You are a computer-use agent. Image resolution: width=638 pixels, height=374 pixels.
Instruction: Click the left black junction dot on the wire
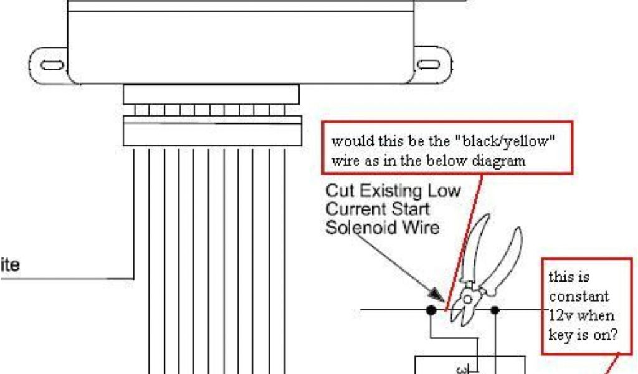(x=431, y=309)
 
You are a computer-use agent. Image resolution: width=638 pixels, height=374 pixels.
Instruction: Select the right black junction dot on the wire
(x=495, y=309)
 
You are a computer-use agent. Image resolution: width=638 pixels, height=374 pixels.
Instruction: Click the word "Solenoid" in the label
(x=358, y=227)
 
